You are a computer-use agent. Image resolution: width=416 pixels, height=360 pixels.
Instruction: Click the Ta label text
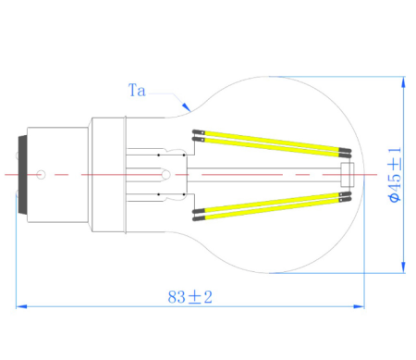coord(137,91)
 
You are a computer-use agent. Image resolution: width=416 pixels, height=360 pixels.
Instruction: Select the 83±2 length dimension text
coord(190,297)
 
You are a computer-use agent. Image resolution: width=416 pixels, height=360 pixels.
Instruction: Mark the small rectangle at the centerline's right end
coord(348,173)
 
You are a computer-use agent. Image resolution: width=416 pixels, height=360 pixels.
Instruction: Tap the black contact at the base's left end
coord(22,173)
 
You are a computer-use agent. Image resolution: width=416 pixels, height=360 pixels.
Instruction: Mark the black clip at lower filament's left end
coord(198,215)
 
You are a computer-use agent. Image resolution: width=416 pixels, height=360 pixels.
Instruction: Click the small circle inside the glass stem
coord(164,173)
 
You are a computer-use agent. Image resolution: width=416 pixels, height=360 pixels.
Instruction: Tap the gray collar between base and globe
coord(107,173)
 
